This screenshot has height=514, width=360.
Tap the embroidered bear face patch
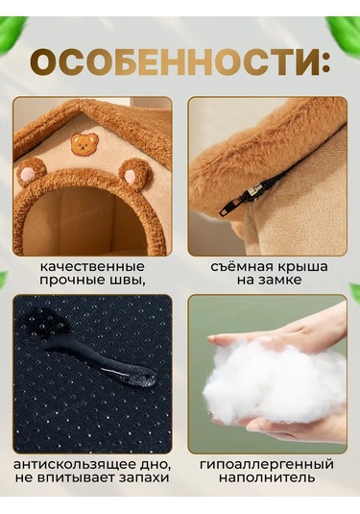[84, 143]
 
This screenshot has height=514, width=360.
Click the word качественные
[92, 266]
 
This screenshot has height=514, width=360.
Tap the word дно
[156, 465]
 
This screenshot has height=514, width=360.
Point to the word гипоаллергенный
[267, 464]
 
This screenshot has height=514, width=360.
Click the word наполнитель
[267, 477]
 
